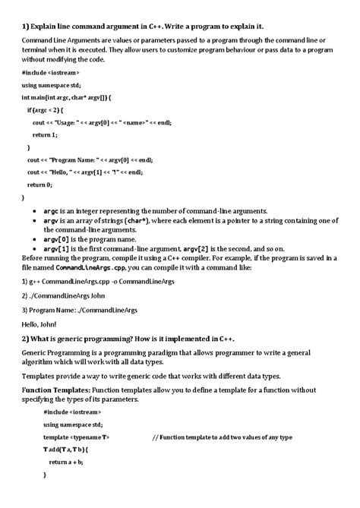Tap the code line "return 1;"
[45, 134]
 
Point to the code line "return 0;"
[39, 184]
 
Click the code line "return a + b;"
[66, 462]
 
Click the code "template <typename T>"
[77, 437]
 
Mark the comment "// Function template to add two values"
[222, 437]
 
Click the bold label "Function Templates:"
[55, 388]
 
